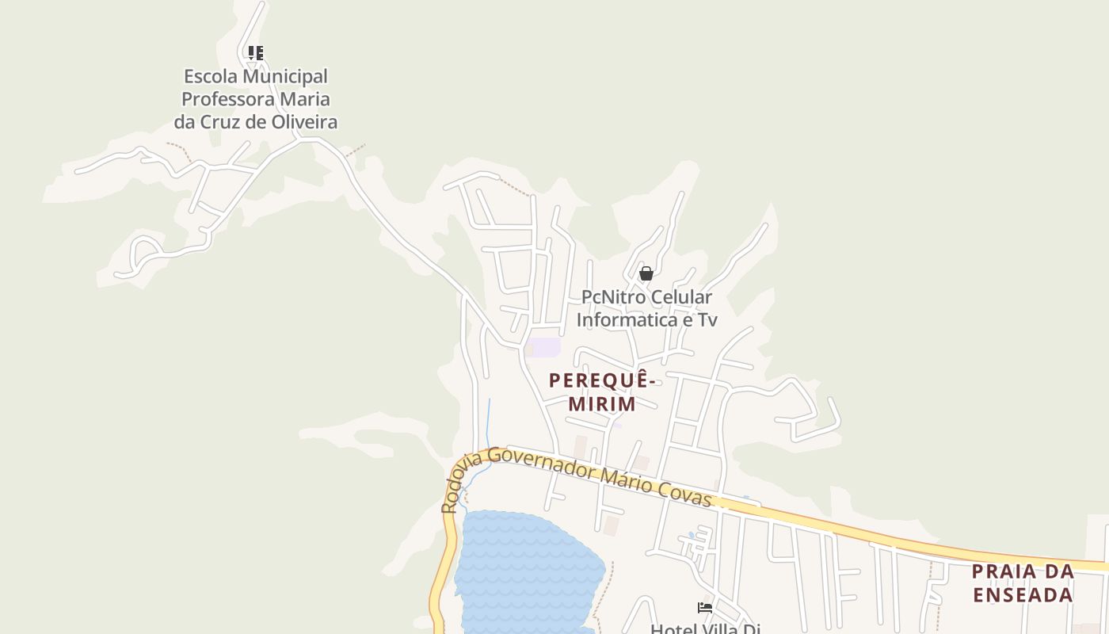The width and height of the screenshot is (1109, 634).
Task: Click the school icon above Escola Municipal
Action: pos(255,53)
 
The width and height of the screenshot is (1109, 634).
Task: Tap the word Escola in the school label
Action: pos(212,77)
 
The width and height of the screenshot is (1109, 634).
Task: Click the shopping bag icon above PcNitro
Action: pos(646,273)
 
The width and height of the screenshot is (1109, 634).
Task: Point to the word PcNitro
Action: pos(612,297)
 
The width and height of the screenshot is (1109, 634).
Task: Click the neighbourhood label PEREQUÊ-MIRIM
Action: pos(603,392)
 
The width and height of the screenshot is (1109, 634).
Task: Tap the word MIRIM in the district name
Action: pos(603,404)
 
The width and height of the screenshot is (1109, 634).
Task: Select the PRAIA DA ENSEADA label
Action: pos(1023,582)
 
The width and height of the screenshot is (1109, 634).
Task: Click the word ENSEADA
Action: pos(1023,594)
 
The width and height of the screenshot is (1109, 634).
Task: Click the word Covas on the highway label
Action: pos(688,495)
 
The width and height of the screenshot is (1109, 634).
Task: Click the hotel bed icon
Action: pos(705,608)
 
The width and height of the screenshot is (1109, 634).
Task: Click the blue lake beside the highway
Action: pos(527,571)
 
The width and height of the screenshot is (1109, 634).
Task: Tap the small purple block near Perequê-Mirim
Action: pos(546,347)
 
